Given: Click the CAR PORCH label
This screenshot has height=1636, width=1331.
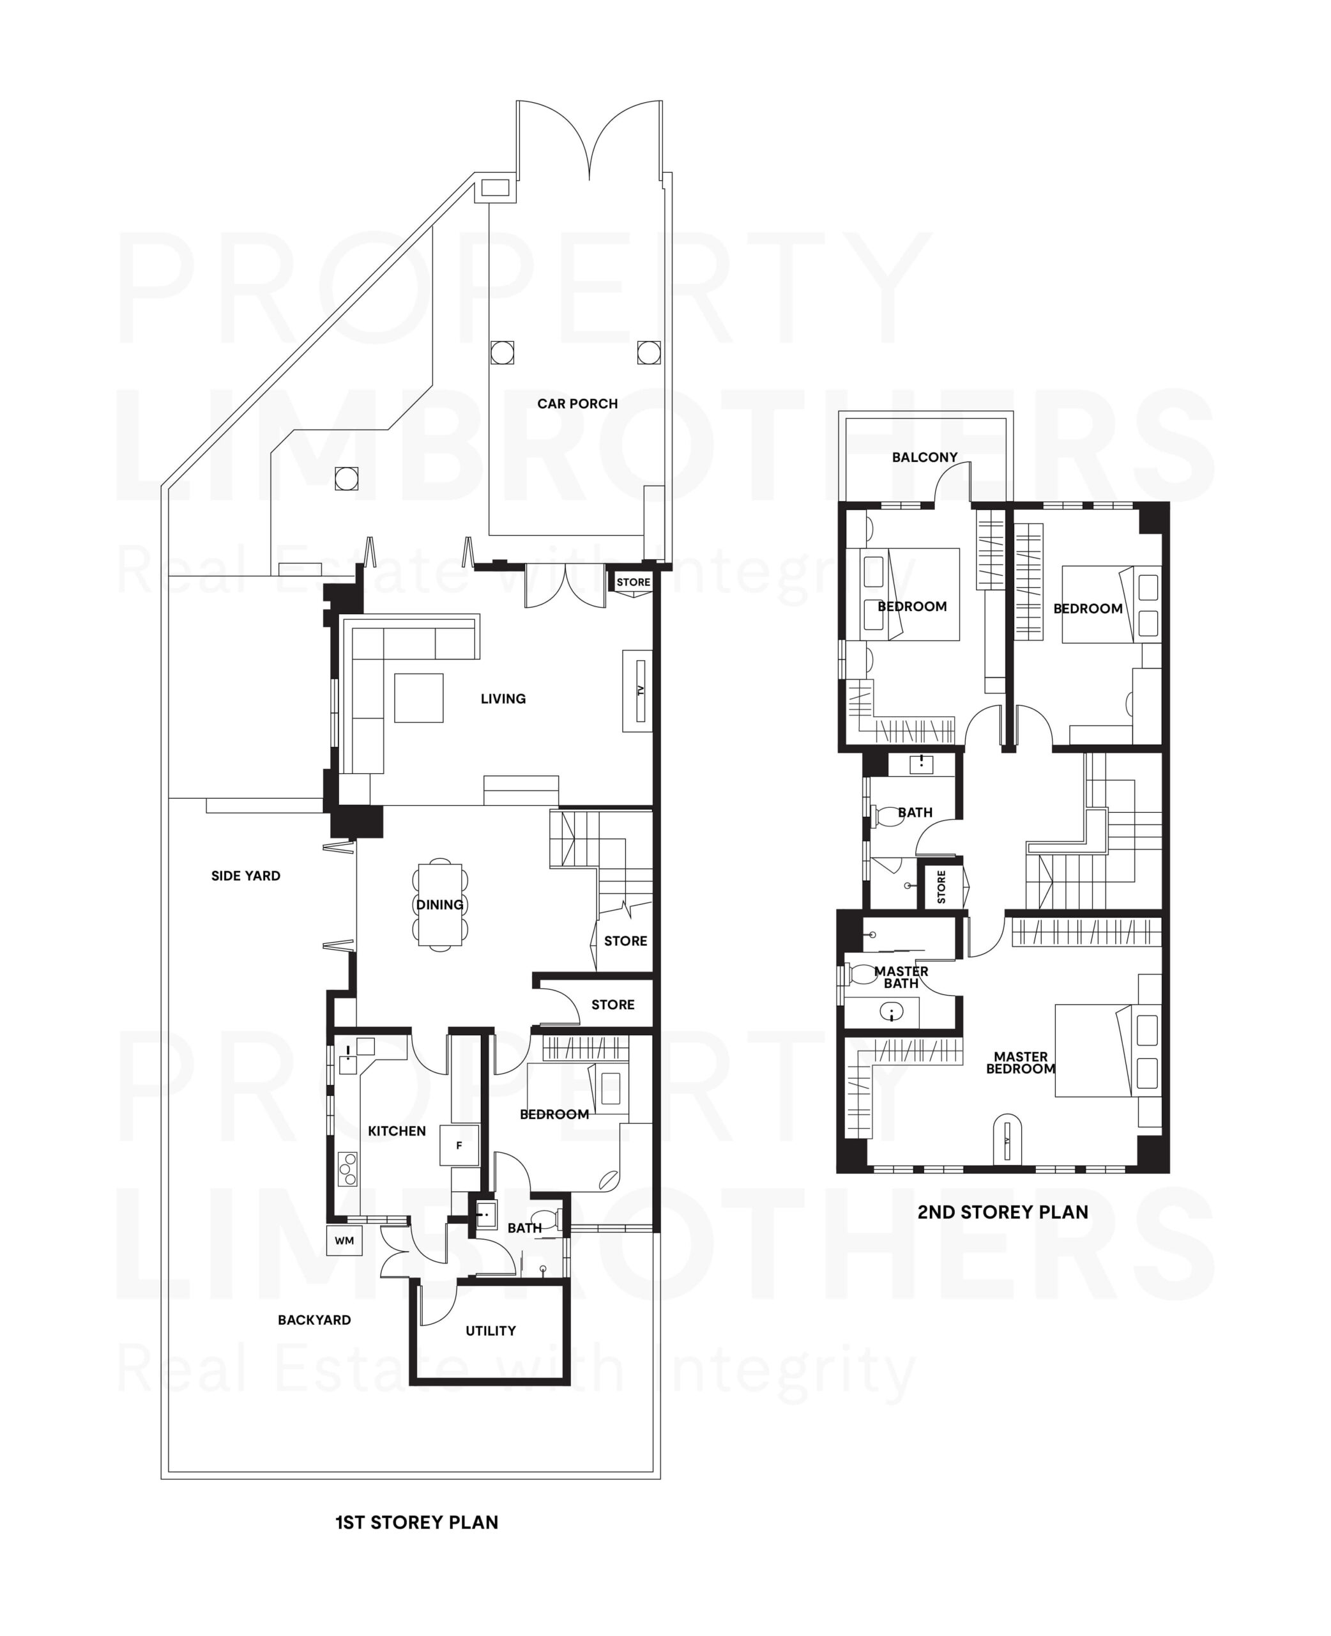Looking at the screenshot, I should tap(577, 403).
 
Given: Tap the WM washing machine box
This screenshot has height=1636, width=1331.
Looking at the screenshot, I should tap(344, 1240).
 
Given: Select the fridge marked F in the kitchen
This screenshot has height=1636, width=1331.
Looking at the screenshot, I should tap(459, 1145).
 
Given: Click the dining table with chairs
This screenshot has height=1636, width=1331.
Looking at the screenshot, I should tap(440, 905).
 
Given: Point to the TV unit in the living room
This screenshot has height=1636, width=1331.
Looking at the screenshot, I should tap(639, 690).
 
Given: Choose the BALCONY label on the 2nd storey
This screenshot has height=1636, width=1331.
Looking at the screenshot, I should tap(924, 457).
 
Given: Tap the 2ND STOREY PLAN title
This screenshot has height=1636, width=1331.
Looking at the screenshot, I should tap(1002, 1212).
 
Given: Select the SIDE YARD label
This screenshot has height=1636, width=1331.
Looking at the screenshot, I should tap(245, 876).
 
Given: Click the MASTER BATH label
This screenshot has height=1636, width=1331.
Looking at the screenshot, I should tap(901, 977).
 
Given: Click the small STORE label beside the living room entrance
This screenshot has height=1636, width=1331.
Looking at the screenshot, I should tap(634, 582).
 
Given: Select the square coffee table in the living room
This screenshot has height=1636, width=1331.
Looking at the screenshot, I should tap(418, 697).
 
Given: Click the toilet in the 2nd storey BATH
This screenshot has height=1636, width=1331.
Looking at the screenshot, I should tap(890, 815).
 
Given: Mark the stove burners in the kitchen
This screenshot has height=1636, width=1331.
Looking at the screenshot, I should tap(348, 1169).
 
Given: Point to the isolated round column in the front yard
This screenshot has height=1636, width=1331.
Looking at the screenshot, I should tap(347, 478).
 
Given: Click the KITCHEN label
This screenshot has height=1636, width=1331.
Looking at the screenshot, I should tap(397, 1131).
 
